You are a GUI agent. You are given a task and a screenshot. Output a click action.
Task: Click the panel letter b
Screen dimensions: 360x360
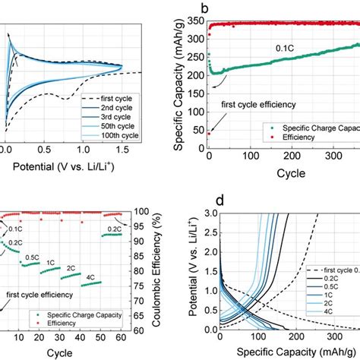pyautogui.click(x=203, y=9)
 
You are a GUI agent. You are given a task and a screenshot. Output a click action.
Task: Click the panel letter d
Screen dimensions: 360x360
pyautogui.click(x=199, y=203)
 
